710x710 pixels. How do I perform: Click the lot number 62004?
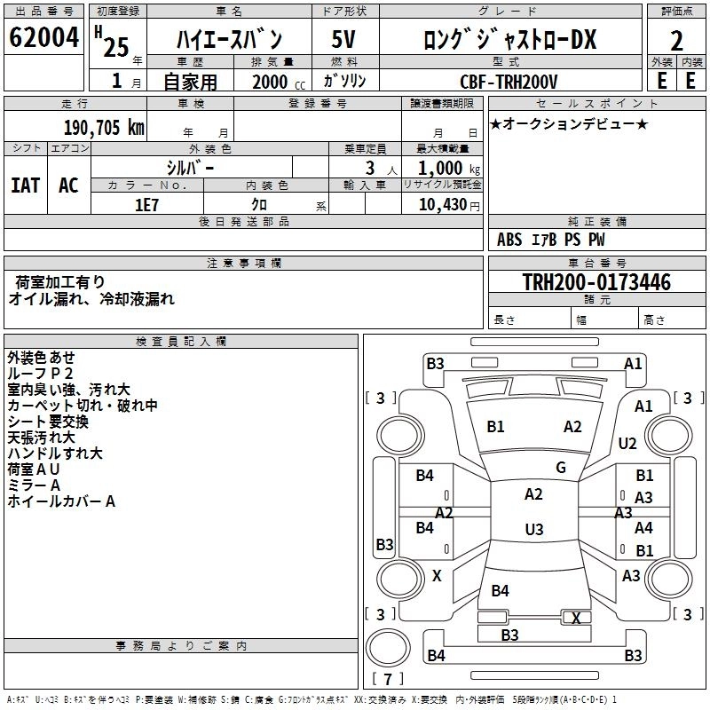click(x=43, y=38)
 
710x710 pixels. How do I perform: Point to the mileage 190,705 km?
click(x=104, y=127)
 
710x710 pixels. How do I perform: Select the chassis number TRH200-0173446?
click(x=596, y=282)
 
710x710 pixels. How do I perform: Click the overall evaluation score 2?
click(x=676, y=40)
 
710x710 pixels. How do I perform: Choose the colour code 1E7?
click(x=146, y=204)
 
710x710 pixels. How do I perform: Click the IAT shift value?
click(x=25, y=185)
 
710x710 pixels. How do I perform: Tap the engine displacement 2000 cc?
click(x=270, y=82)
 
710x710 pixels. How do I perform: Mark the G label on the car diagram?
click(x=560, y=467)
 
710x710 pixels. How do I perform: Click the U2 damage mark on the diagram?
click(x=627, y=443)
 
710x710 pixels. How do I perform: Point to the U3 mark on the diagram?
click(x=533, y=529)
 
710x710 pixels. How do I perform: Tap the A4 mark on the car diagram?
click(x=643, y=527)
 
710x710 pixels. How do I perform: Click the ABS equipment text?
click(x=509, y=239)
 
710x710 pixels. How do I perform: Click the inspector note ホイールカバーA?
click(x=61, y=501)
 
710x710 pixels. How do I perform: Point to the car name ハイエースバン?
click(x=229, y=39)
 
